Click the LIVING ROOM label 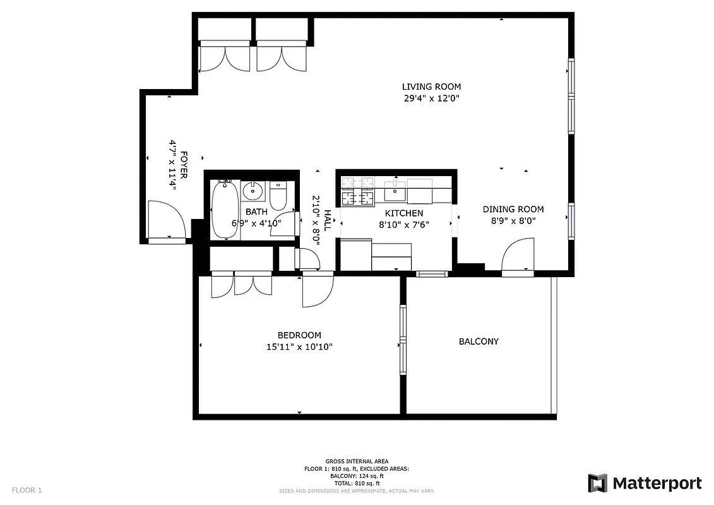pyautogui.click(x=431, y=86)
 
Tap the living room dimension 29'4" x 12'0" pyautogui.click(x=431, y=98)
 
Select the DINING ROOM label pyautogui.click(x=513, y=210)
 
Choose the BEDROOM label pyautogui.click(x=299, y=335)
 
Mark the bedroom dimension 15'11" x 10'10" pyautogui.click(x=299, y=347)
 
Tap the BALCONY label pyautogui.click(x=479, y=342)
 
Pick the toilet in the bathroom pyautogui.click(x=278, y=194)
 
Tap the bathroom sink pyautogui.click(x=253, y=189)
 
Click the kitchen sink pyautogui.click(x=395, y=189)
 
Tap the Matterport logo pyautogui.click(x=645, y=484)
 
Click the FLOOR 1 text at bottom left pyautogui.click(x=27, y=490)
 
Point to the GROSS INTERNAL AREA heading pyautogui.click(x=357, y=461)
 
